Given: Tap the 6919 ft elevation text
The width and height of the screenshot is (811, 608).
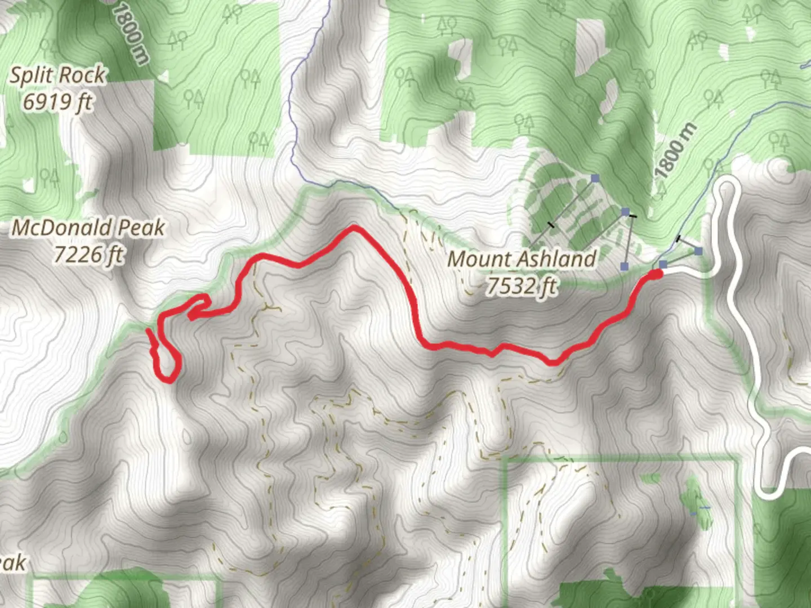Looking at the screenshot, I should (57, 102).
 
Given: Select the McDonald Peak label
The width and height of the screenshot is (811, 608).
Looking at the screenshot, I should (88, 227).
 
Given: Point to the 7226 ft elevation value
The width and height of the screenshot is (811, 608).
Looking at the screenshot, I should (88, 254).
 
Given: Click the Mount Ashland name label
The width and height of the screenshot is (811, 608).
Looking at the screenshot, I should (522, 259).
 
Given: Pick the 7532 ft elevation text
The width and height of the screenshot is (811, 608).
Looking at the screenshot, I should (522, 286).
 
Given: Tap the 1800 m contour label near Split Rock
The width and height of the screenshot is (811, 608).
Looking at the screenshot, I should (129, 32).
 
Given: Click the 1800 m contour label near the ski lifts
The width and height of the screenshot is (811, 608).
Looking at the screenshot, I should (676, 151).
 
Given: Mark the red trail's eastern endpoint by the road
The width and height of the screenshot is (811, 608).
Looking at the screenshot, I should (656, 274).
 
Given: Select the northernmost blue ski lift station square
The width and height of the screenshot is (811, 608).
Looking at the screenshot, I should (595, 178).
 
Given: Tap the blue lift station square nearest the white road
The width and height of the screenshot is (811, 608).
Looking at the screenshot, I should (698, 251).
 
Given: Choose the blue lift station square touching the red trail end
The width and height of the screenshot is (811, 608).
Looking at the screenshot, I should (663, 265).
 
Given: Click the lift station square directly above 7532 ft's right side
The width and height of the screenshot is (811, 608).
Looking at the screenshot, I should (624, 266).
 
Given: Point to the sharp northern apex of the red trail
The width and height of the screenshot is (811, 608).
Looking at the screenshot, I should (353, 227).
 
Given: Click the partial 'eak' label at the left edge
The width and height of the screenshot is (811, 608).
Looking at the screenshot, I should (12, 563).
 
